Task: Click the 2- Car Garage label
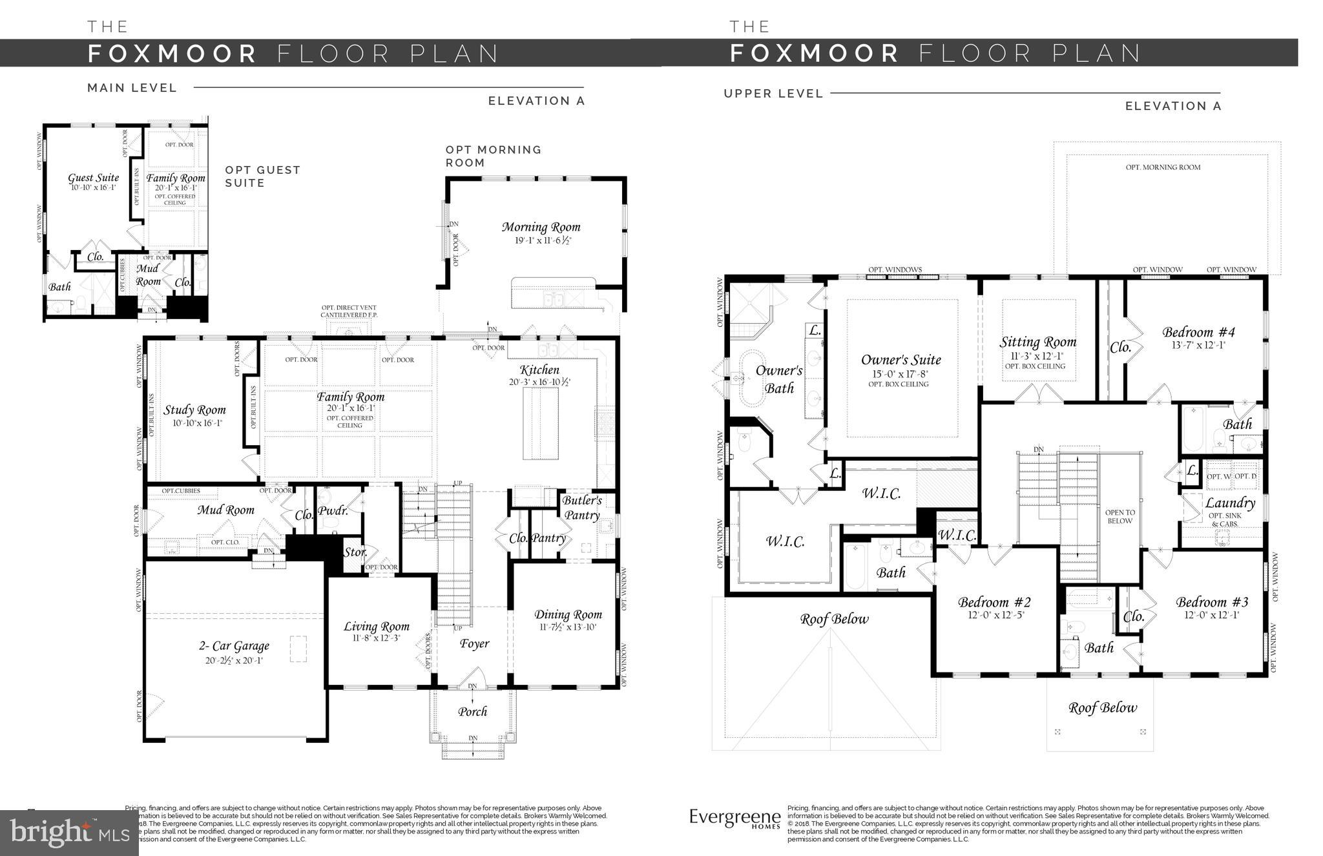(x=233, y=645)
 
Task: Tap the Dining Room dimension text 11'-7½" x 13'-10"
(x=568, y=627)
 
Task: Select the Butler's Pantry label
(x=581, y=507)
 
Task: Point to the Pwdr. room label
(x=333, y=511)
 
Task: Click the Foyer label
(x=474, y=643)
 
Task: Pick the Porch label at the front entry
(x=472, y=711)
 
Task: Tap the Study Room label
(x=194, y=410)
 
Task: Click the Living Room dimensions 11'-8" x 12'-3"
(x=376, y=638)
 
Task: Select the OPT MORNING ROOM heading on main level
(x=493, y=156)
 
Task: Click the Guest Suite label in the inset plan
(x=94, y=178)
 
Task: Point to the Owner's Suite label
(x=901, y=360)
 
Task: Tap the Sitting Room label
(x=1038, y=342)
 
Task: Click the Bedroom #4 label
(x=1198, y=332)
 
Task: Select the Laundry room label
(x=1230, y=503)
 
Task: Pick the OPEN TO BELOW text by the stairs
(x=1120, y=516)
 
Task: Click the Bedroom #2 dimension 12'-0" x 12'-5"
(x=994, y=614)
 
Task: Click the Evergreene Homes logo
(x=734, y=818)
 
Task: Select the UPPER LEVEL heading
(x=773, y=94)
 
